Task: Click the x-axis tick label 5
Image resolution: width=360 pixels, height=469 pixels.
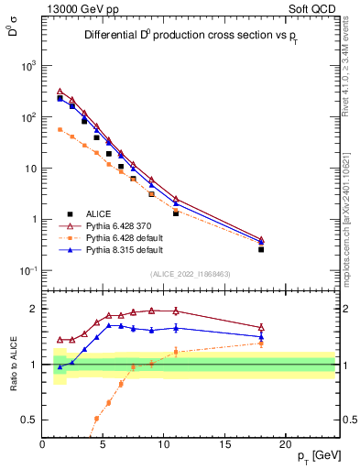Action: pos(104,444)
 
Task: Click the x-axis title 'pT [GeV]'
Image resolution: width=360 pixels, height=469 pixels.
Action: pos(317,455)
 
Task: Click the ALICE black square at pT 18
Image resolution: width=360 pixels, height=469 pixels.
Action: pos(261,249)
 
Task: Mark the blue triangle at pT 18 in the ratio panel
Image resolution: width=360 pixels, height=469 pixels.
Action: pos(261,336)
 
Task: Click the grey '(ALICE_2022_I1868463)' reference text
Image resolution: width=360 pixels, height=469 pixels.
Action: pos(190,274)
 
